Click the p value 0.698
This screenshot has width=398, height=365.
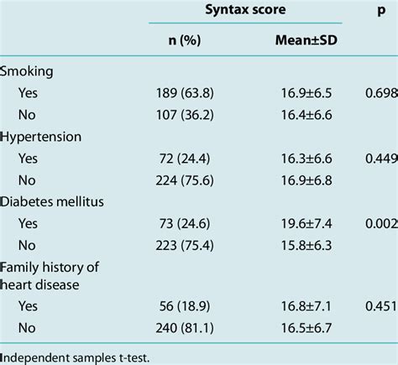(x=382, y=93)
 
